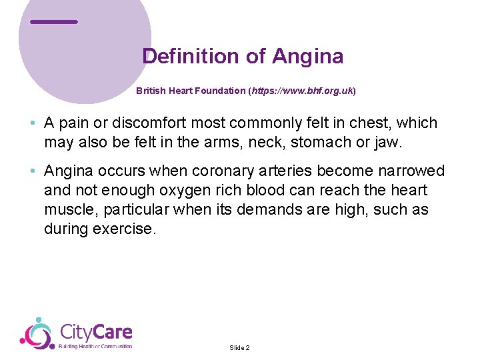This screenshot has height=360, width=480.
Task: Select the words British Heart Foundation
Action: (191, 91)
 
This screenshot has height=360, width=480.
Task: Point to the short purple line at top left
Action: (54, 22)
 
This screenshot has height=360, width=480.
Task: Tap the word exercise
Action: (127, 229)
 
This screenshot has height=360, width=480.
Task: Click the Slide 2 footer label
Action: (239, 348)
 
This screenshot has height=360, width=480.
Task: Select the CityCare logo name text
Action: (96, 332)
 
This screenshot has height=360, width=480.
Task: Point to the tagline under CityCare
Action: (96, 347)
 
